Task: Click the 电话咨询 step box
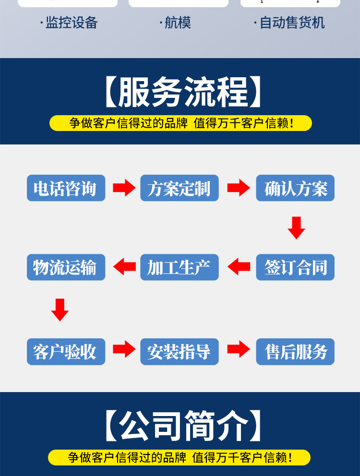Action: click(x=66, y=188)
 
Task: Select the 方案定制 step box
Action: click(x=180, y=188)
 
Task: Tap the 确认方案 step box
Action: click(x=295, y=188)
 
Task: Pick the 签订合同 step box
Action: click(x=295, y=267)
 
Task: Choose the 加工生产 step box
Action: click(x=180, y=267)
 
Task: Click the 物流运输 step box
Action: click(x=66, y=267)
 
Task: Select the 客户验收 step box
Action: click(x=66, y=352)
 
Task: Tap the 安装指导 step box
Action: click(x=180, y=352)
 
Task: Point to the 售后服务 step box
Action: click(x=295, y=352)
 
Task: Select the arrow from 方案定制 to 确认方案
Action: click(x=238, y=188)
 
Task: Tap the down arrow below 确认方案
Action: click(x=296, y=228)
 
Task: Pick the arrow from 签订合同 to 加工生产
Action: click(x=239, y=267)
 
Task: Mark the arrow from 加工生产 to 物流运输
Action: click(x=124, y=267)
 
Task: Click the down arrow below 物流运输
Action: click(x=60, y=309)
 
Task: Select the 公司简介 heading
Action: click(x=183, y=425)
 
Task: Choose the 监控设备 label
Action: click(x=71, y=23)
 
